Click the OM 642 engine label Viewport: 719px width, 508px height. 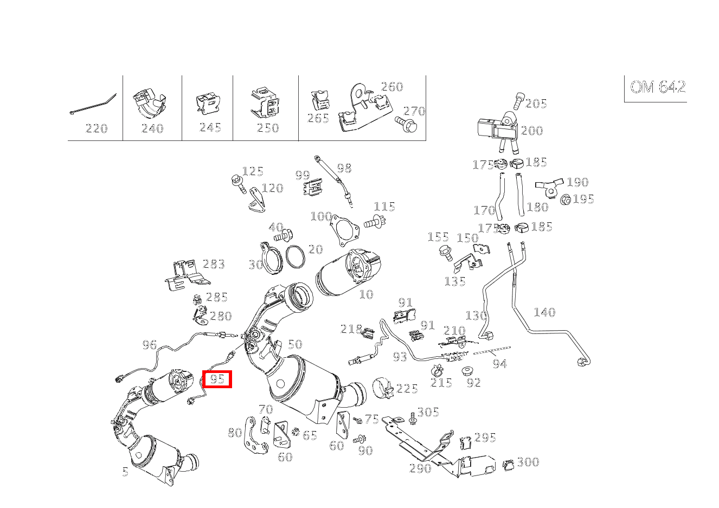coord(658,87)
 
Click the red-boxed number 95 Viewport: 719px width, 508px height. coord(217,380)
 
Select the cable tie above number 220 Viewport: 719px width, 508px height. coord(93,104)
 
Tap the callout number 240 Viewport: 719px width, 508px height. coord(152,128)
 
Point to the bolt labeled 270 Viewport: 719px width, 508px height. coord(406,124)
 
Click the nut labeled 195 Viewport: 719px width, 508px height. coord(566,200)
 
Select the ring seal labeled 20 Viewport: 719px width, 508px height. coord(296,257)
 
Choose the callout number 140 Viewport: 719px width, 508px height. coord(544,312)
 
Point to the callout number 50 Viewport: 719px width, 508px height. coord(295,344)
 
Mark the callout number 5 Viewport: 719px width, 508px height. coord(125,472)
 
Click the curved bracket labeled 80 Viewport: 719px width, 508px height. coord(255,435)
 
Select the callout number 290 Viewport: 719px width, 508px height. coord(420,468)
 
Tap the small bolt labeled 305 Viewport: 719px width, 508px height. coord(413,419)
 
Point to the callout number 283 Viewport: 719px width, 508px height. coord(214,264)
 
